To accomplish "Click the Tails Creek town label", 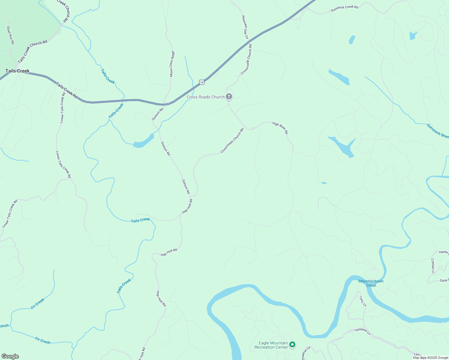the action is pos(17,71).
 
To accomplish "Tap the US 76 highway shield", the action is pos(202,82).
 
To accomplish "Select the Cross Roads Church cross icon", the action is pos(229,97).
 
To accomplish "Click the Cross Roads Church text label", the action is pos(206,97).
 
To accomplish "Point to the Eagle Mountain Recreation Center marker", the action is pos(293,345).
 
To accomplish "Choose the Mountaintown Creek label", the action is pos(371,283).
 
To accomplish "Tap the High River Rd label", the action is pos(280,127).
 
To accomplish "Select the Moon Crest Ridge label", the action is pos(172,64).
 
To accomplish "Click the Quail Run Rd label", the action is pos(11,35).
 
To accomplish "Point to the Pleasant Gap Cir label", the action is pos(245,27).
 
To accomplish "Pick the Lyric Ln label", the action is pos(363,301).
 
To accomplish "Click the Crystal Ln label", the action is pos(432,266).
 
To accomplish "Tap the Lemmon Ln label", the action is pos(363,331).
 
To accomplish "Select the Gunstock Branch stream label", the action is pos(438,131).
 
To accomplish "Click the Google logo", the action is pos(10,356).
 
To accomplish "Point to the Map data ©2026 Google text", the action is pos(430,358).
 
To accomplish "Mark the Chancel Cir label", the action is pos(306,353).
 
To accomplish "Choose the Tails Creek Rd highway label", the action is pos(67,91).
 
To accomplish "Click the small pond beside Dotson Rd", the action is pos(143,141).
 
